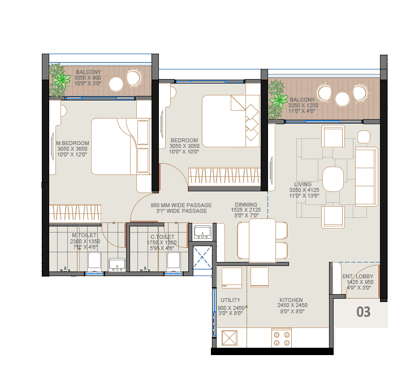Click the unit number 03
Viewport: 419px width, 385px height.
pos(363,312)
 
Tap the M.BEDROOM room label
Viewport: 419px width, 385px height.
pos(72,143)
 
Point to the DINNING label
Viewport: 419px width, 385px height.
pos(247,205)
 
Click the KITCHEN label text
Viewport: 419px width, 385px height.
pos(291,300)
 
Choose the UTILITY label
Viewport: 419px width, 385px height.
pos(231,300)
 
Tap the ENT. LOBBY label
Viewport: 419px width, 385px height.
pos(357,276)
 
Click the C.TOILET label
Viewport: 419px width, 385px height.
pos(162,237)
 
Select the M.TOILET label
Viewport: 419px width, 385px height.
pos(85,235)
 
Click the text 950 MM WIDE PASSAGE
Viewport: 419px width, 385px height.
pos(181,205)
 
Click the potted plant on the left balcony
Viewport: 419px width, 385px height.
pos(58,80)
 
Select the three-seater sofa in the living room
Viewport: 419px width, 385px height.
pos(366,176)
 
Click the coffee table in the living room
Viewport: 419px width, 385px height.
pos(333,179)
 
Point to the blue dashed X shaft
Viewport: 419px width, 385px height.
pos(202,257)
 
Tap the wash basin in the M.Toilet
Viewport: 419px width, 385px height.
pos(117,264)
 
